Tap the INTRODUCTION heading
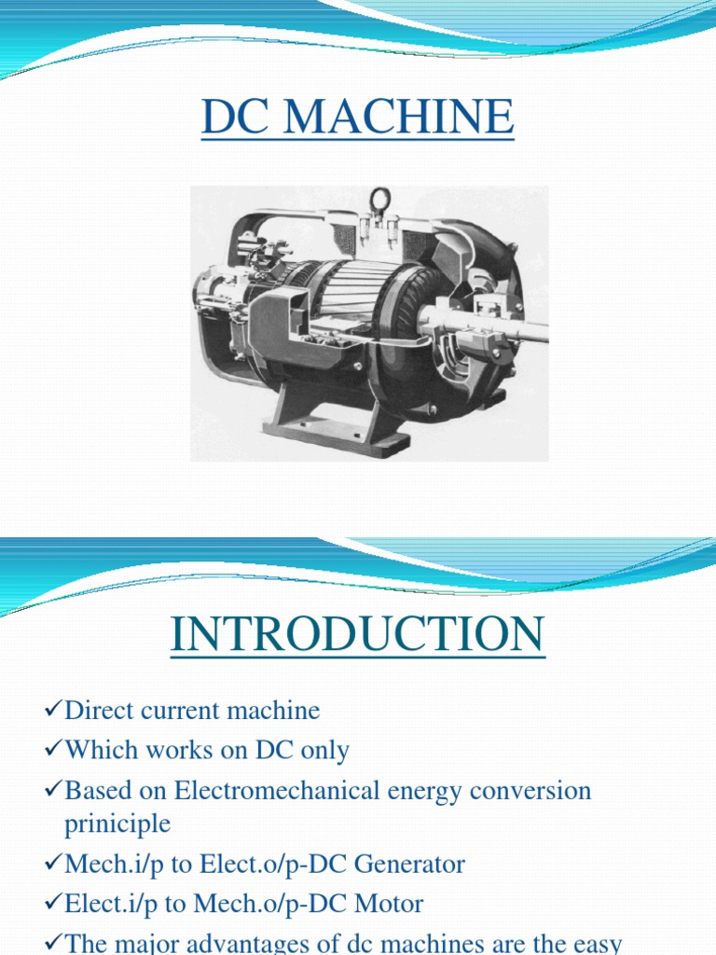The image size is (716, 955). pos(357,635)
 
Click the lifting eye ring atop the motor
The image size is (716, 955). pos(379,201)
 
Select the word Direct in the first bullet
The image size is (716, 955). pos(94,711)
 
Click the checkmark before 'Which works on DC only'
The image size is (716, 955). pos(53,751)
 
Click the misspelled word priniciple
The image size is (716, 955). pos(117,824)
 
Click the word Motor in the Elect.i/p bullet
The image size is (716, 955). pos(390,904)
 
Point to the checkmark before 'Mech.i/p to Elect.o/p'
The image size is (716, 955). pos(53,865)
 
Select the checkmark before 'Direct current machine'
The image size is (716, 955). pos(53,712)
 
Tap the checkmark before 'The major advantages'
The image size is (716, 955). pos(53,943)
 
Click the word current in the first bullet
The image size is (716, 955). pos(172,711)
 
